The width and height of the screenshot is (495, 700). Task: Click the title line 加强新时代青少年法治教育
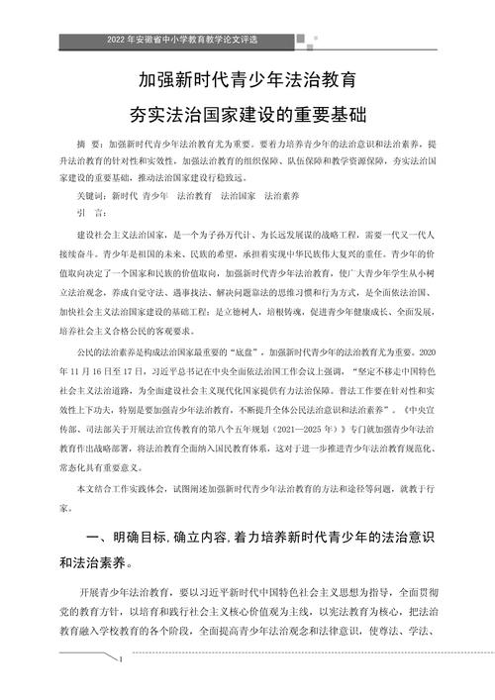tap(247, 76)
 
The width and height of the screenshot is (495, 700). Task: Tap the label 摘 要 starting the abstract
tap(89, 144)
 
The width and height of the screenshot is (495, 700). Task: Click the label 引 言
tap(88, 212)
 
